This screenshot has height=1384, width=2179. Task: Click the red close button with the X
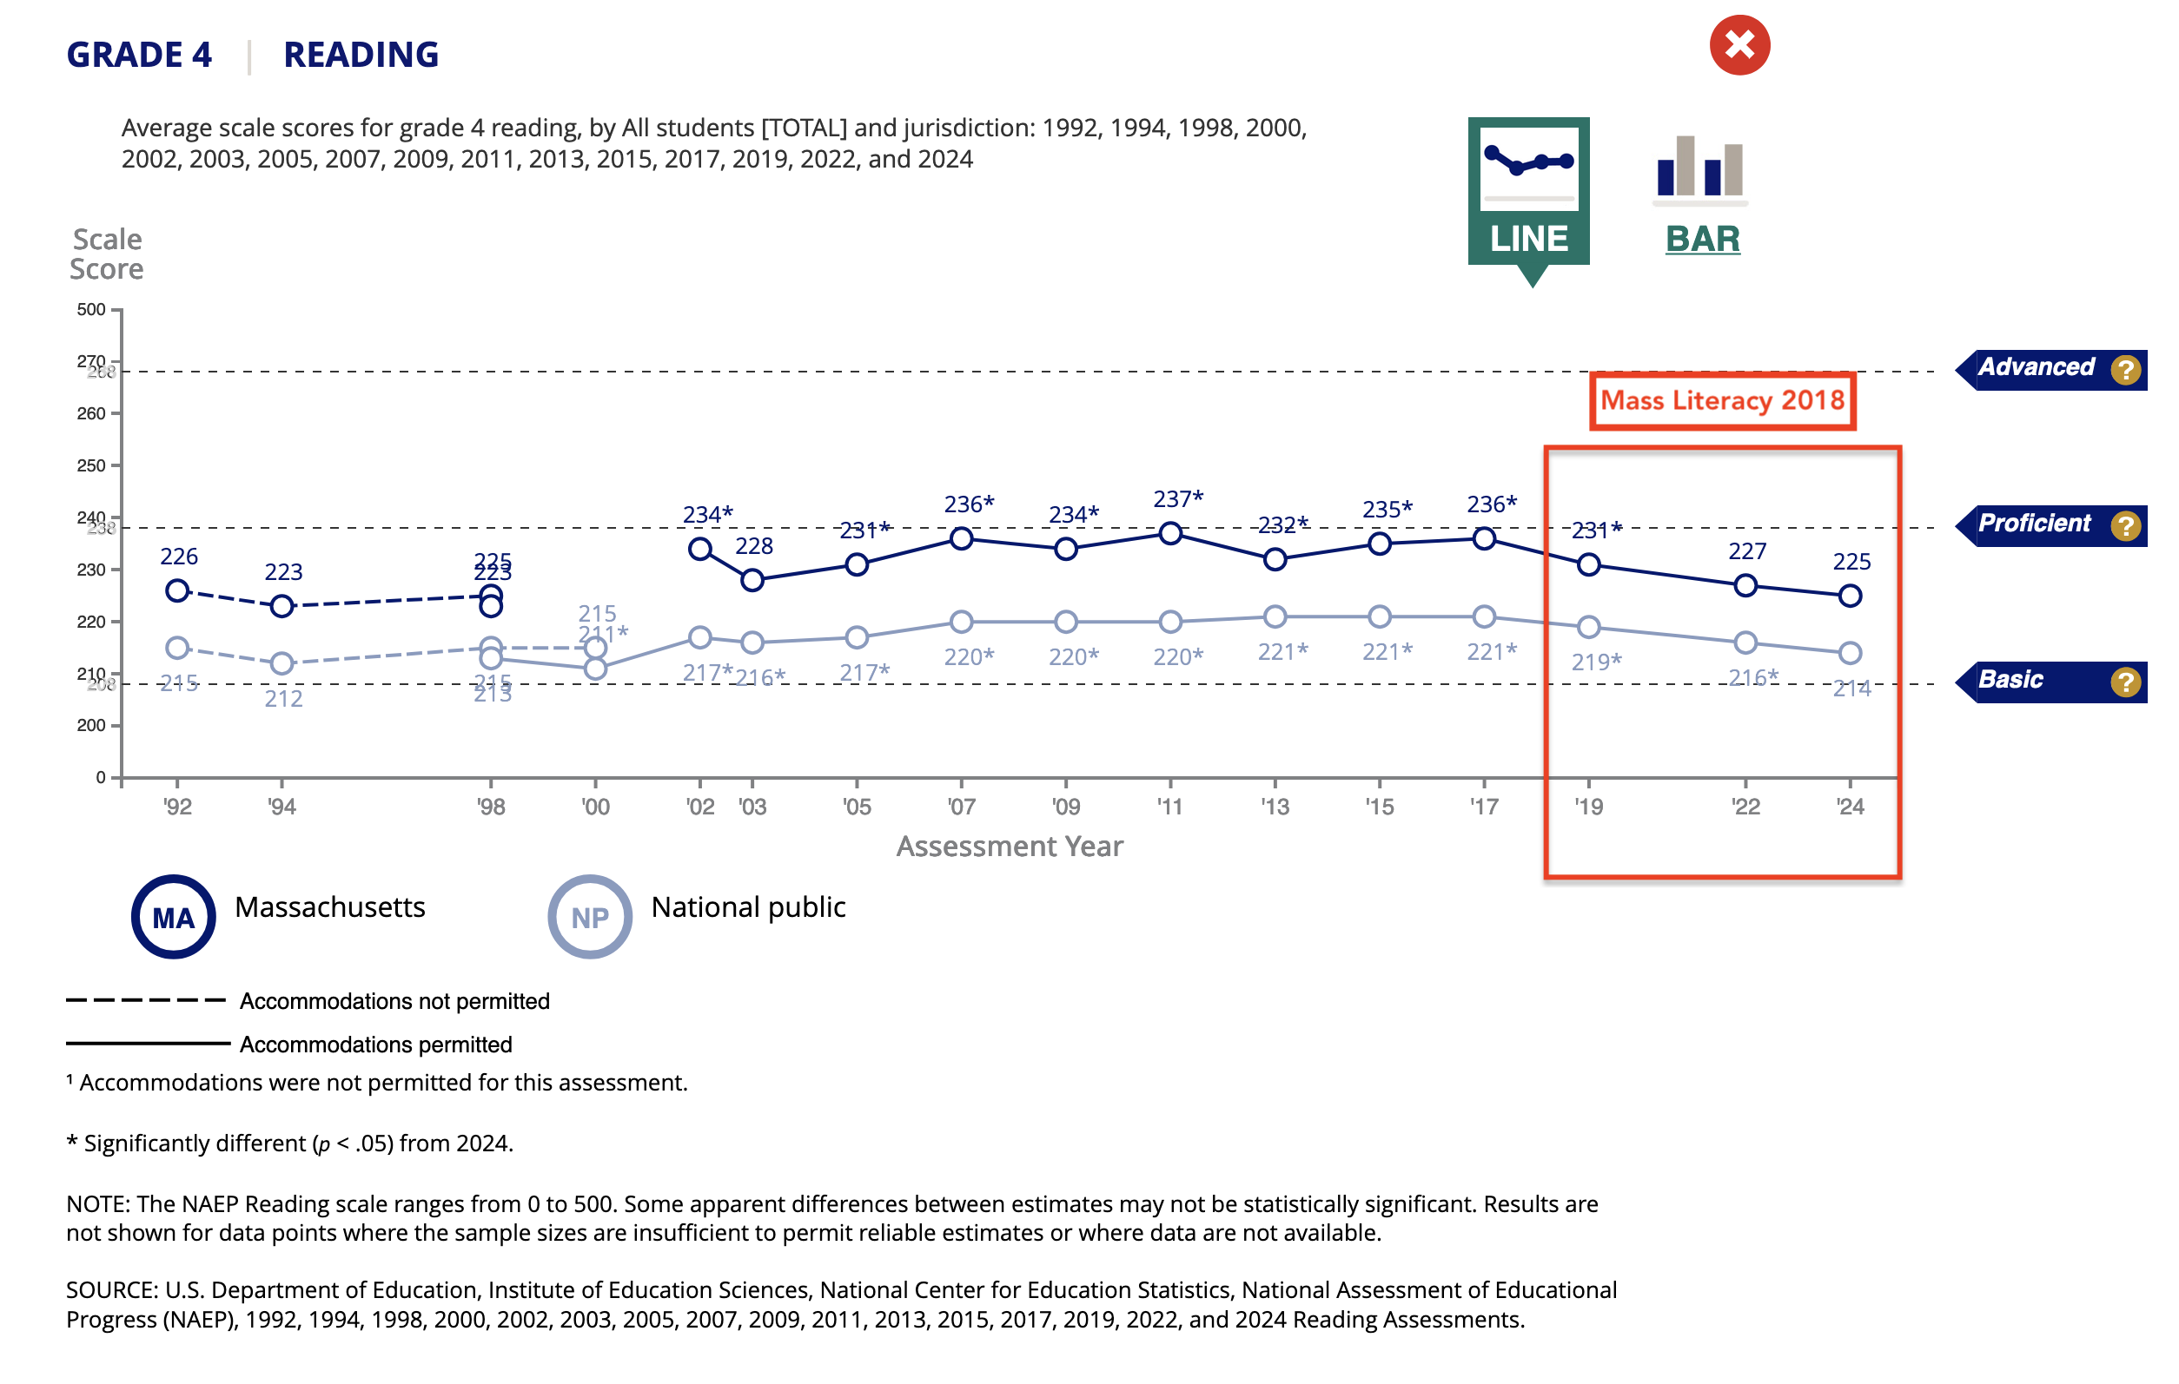[1739, 45]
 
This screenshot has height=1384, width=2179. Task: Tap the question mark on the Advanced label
[2125, 369]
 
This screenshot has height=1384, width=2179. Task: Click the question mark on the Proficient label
[2125, 525]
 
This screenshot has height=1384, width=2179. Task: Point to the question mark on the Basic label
[2125, 682]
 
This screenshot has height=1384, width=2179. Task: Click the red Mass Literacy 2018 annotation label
[1722, 401]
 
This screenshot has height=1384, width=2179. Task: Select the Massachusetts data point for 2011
[1170, 533]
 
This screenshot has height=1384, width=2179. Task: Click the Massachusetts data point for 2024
[1850, 596]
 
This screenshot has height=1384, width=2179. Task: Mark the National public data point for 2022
[1745, 643]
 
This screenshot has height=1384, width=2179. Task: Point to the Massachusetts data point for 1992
[177, 590]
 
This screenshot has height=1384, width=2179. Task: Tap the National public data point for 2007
[961, 622]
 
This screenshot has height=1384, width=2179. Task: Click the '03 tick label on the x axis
[752, 806]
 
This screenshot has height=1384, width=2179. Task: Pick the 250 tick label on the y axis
[91, 466]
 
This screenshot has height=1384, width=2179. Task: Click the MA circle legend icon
[174, 916]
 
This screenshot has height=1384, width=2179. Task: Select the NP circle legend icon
[590, 916]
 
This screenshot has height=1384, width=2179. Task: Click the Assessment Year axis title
[1009, 846]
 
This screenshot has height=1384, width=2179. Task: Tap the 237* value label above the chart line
[1177, 498]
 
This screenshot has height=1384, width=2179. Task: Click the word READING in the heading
[361, 56]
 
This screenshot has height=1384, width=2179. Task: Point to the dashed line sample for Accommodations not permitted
[146, 1000]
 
